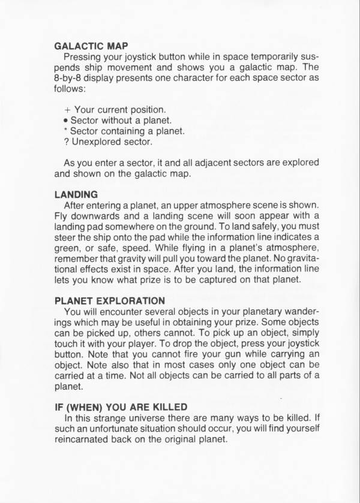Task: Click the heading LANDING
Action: point(76,194)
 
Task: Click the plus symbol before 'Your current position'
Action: point(67,110)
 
